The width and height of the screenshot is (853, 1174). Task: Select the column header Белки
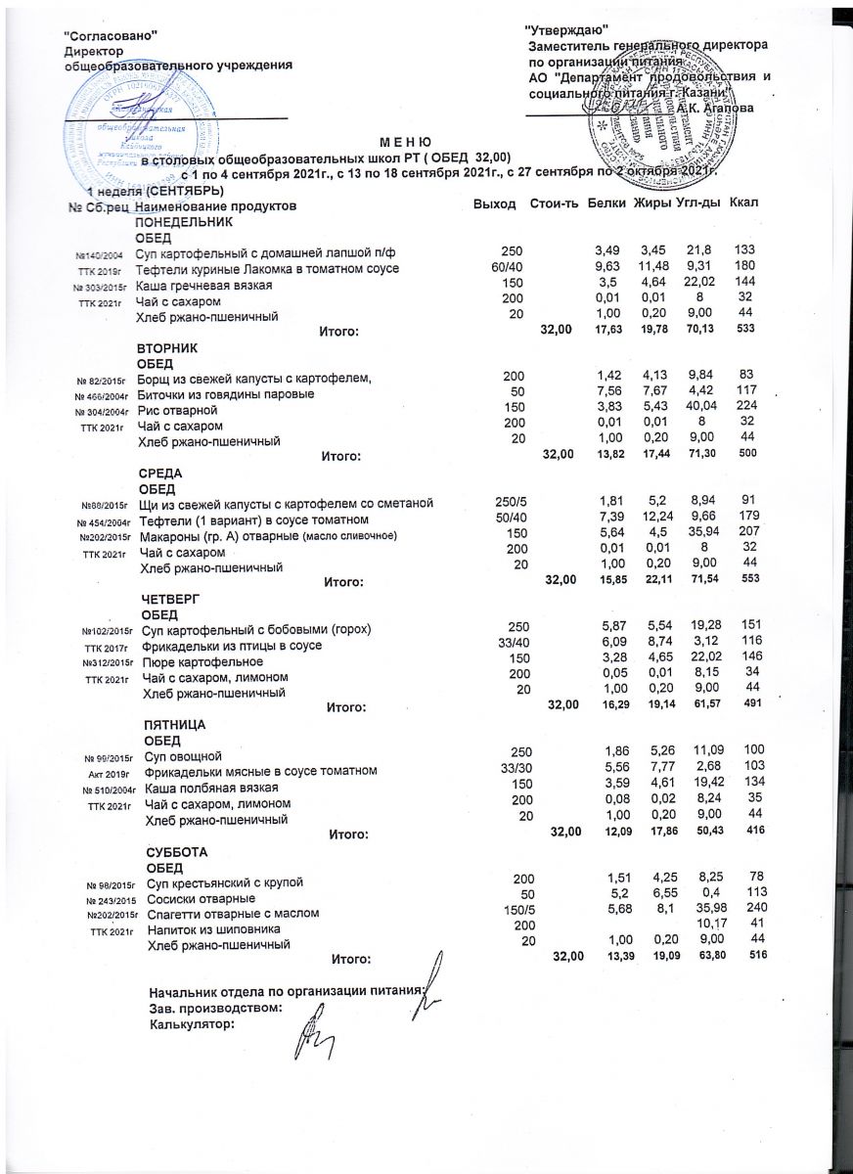606,203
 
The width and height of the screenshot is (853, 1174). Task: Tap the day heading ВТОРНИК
168,348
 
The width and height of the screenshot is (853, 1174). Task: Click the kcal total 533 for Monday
744,332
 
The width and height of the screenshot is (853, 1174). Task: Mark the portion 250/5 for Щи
510,504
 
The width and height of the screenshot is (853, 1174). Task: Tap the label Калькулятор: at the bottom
192,1025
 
